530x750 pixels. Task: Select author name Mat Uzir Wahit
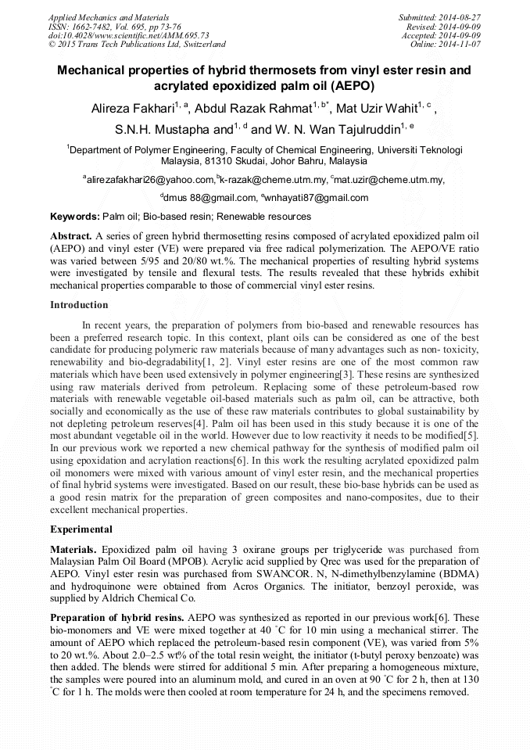click(376, 109)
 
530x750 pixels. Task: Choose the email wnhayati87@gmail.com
click(317, 198)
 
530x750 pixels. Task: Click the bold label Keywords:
click(75, 217)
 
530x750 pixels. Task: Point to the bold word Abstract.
click(70, 235)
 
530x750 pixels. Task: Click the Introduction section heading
click(79, 304)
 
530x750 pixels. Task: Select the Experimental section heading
click(81, 529)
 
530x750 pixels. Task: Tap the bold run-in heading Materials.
click(76, 550)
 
